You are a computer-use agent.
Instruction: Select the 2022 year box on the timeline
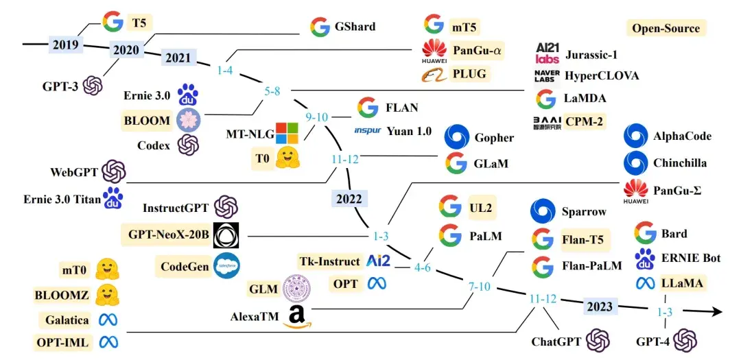point(349,199)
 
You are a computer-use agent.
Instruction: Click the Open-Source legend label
point(666,28)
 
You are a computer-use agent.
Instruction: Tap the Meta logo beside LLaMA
point(644,283)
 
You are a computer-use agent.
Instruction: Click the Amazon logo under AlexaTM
point(296,316)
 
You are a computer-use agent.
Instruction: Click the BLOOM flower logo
point(188,120)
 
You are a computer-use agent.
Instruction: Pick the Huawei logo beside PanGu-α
point(434,50)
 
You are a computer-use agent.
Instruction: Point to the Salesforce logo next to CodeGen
point(226,265)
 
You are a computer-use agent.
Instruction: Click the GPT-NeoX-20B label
point(168,235)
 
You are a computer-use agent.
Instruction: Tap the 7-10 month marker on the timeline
point(480,286)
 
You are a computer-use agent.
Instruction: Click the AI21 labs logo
point(548,53)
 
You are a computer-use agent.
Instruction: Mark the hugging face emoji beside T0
point(285,159)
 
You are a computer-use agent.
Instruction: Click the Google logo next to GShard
point(320,27)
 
